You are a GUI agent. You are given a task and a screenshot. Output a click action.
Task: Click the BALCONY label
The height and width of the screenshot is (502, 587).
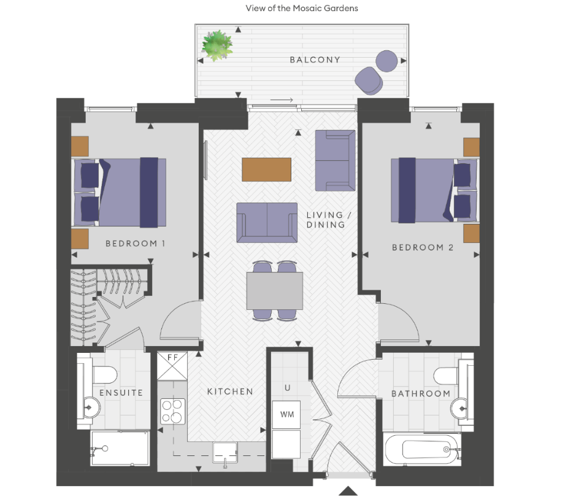315,60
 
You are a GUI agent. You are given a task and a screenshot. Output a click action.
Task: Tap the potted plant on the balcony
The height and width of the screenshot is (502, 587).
217,45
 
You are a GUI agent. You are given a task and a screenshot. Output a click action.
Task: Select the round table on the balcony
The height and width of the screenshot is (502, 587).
388,61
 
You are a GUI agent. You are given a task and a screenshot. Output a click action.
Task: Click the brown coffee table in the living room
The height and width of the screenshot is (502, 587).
266,169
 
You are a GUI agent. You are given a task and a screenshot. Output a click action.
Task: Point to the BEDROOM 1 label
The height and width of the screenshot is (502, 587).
136,244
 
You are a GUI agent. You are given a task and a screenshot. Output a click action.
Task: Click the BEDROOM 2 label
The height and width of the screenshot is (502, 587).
423,247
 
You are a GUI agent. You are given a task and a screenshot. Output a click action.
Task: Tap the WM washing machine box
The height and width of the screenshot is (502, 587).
286,415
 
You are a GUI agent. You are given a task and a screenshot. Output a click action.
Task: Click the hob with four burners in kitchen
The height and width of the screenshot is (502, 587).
173,411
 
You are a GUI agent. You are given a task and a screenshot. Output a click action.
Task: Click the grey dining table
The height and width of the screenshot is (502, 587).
275,291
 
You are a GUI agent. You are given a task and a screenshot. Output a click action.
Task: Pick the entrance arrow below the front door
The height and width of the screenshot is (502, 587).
348,490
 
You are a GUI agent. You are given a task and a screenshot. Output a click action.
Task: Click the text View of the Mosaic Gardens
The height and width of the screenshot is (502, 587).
301,9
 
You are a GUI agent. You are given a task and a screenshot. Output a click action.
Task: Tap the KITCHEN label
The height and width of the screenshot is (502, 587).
229,392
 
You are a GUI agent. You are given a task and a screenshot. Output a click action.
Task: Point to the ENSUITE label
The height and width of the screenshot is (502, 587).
121,393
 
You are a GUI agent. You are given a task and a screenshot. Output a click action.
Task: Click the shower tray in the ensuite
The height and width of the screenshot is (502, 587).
120,447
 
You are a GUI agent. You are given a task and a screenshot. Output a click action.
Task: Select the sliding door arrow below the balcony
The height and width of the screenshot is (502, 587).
282,100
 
